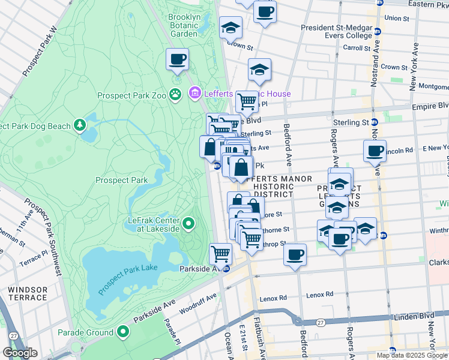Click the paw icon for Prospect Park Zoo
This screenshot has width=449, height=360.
[175, 94]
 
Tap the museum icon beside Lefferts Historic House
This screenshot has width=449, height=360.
[194, 94]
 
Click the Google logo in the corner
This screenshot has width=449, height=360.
[20, 353]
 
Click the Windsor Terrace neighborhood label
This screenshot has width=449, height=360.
[26, 293]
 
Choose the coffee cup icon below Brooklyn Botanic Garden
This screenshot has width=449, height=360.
[177, 59]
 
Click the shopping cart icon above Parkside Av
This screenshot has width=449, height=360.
[221, 253]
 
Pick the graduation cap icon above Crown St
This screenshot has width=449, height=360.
[231, 28]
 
